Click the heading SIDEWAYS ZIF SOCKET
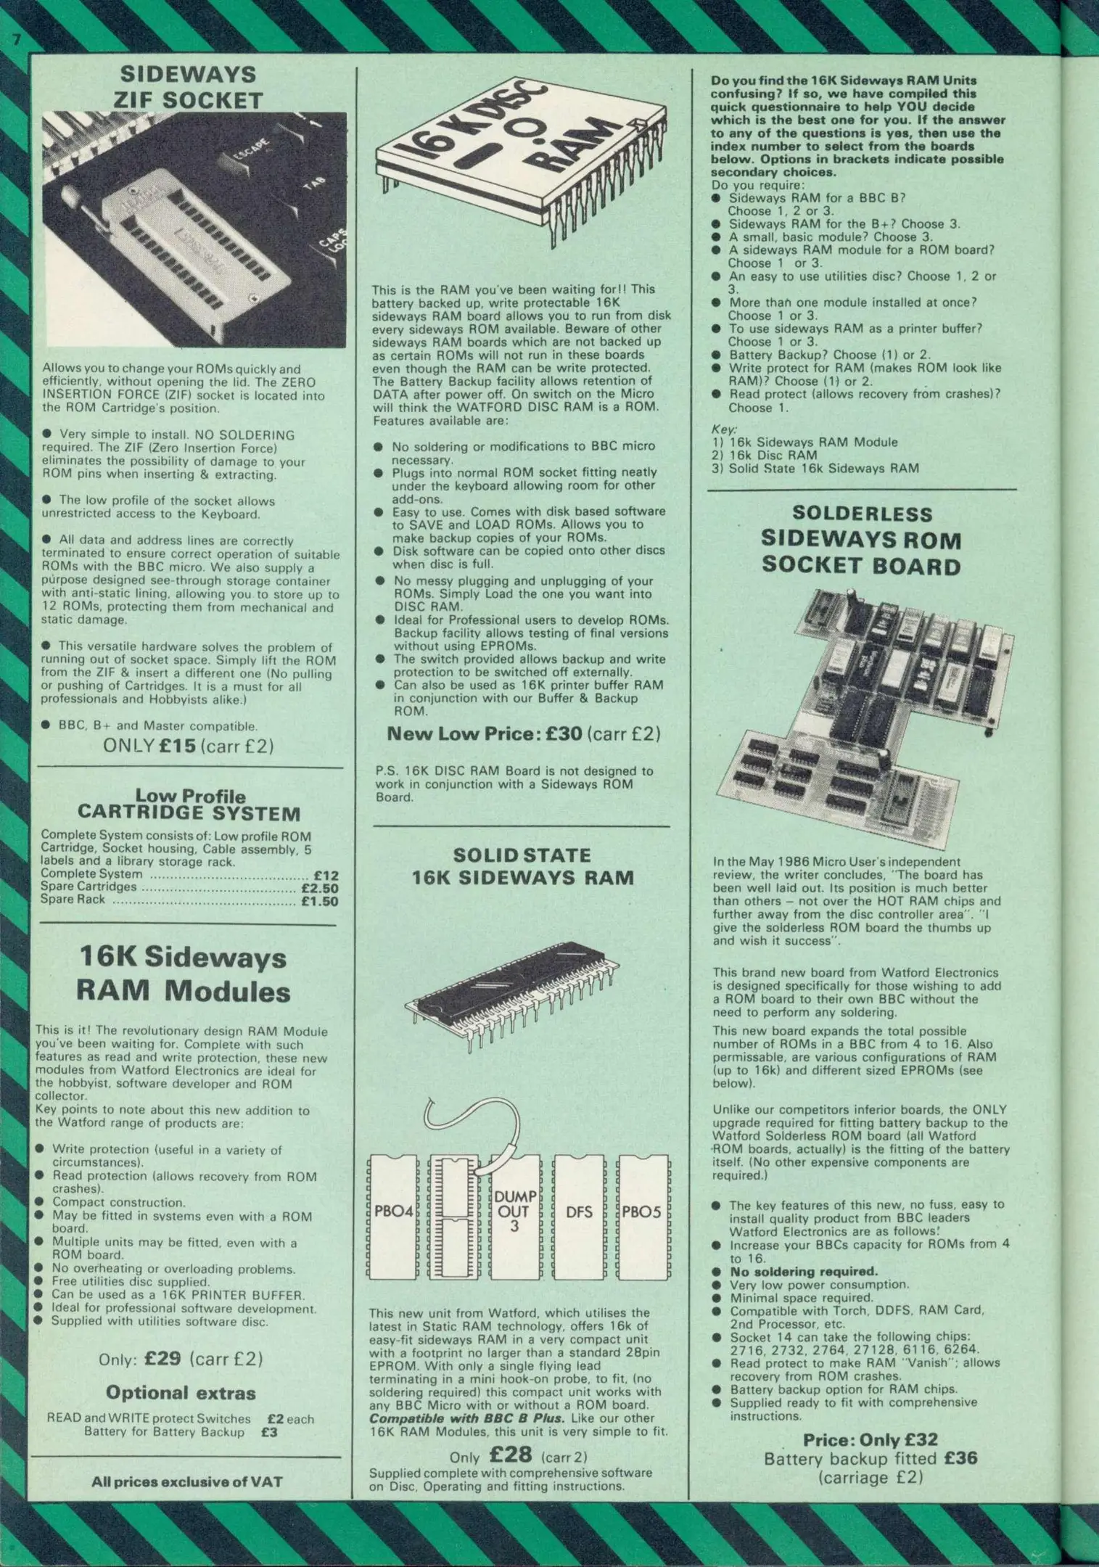pos(189,86)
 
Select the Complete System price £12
pos(326,876)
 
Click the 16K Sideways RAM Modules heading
pos(184,974)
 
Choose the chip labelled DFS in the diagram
pos(579,1212)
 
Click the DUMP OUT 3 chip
pos(514,1212)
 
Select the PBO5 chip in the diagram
pos(642,1212)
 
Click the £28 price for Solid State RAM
pos(511,1455)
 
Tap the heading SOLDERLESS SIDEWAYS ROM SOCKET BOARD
pos(861,540)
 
